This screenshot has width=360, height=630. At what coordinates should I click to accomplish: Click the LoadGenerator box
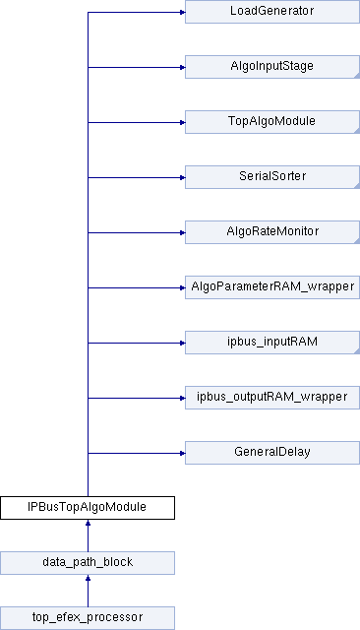click(x=272, y=12)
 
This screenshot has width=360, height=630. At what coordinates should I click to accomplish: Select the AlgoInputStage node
click(x=272, y=67)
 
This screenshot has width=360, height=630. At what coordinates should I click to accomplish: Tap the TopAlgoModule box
click(x=272, y=122)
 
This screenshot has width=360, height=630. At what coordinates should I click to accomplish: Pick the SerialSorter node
click(x=272, y=177)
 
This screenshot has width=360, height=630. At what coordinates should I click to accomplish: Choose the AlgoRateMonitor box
click(x=272, y=232)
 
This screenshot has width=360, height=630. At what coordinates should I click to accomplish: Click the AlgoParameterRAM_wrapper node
click(x=272, y=287)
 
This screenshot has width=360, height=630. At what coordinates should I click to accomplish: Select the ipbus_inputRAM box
click(x=272, y=343)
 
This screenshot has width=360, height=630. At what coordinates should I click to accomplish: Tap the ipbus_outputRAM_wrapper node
click(x=272, y=398)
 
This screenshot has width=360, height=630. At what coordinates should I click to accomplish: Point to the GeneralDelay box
click(x=272, y=453)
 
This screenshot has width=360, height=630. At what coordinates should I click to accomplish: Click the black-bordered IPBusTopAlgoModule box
click(x=88, y=508)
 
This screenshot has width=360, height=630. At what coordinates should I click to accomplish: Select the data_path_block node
click(x=88, y=563)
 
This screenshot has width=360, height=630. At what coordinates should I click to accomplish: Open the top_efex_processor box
click(x=88, y=618)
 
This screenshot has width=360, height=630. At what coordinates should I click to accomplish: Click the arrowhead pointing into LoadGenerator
click(x=182, y=12)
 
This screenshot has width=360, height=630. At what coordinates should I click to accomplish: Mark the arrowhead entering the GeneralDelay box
click(x=182, y=453)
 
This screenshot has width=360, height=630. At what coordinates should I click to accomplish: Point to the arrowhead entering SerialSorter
click(x=182, y=177)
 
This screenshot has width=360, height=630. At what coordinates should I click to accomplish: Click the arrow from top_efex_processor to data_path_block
click(x=88, y=591)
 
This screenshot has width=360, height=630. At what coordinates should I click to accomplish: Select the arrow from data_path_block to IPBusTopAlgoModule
click(x=88, y=535)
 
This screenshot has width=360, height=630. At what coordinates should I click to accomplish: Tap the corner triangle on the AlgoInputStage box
click(x=357, y=75)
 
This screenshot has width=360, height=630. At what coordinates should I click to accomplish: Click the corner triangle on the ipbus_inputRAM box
click(x=357, y=350)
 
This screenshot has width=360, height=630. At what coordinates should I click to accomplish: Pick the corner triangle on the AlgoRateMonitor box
click(x=357, y=240)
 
